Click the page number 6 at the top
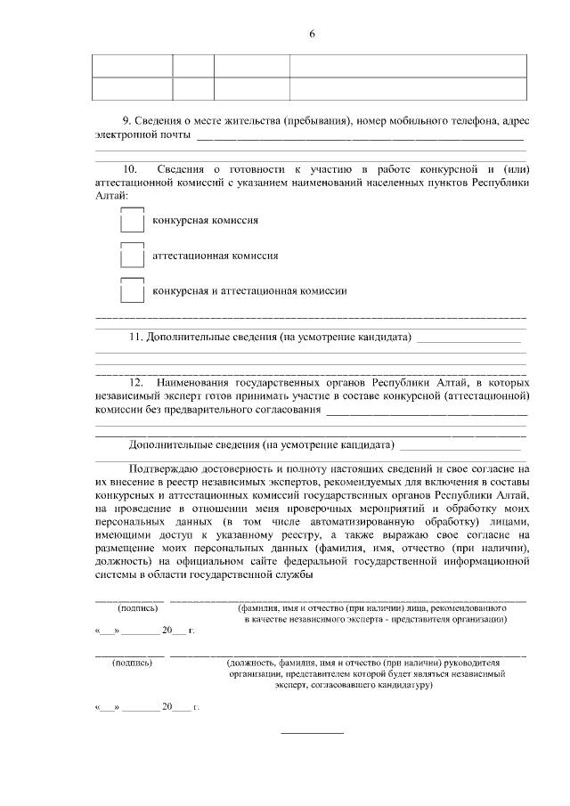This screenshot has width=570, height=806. [312, 34]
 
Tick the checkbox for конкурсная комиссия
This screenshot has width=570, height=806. [132, 219]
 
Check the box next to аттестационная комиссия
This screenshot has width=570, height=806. [132, 256]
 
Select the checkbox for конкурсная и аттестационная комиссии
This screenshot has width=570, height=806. [132, 290]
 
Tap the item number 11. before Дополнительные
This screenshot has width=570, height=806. [136, 338]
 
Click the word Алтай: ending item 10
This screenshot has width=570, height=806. [111, 195]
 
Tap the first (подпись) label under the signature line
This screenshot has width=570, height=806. [138, 608]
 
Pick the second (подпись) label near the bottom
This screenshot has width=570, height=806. [132, 663]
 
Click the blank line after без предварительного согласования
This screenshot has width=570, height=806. [427, 411]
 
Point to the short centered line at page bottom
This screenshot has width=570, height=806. [312, 732]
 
